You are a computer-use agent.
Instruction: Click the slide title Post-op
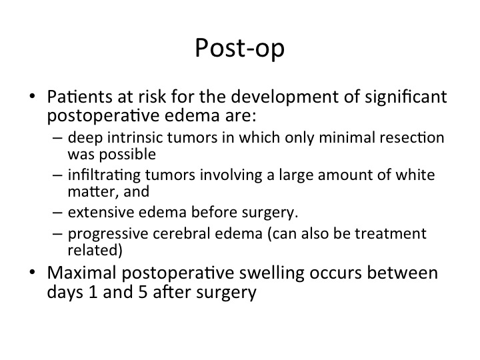pyautogui.click(x=240, y=49)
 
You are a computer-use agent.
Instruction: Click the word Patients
pyautogui.click(x=79, y=97)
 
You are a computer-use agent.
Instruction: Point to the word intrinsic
pyautogui.click(x=135, y=137)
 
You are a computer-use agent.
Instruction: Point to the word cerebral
pyautogui.click(x=181, y=233)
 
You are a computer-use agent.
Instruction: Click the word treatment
pyautogui.click(x=390, y=233)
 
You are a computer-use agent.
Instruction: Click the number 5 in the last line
pyautogui.click(x=143, y=292)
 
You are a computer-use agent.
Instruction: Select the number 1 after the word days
pyautogui.click(x=93, y=292)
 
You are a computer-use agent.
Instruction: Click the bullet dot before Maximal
pyautogui.click(x=32, y=272)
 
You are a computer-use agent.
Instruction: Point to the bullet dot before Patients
pyautogui.click(x=32, y=96)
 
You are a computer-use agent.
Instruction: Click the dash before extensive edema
pyautogui.click(x=57, y=213)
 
